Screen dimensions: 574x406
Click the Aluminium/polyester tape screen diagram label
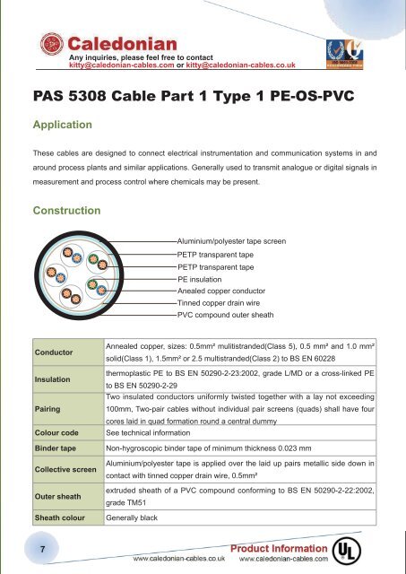point(231,241)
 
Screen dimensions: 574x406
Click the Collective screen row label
point(65,469)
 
